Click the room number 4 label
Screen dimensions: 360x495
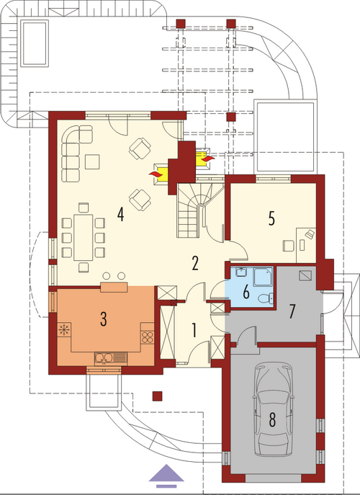pos(120,215)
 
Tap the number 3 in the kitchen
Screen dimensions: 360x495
pos(103,319)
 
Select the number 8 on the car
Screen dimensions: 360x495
pos(272,420)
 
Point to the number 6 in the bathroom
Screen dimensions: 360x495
pos(246,293)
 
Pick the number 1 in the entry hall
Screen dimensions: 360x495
pos(194,331)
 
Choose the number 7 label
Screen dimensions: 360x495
pos(292,312)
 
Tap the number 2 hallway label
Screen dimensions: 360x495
pos(195,264)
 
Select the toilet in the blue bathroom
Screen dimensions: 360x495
pos(264,298)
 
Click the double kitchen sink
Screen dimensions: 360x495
pos(111,357)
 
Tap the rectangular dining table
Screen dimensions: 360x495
pos(84,237)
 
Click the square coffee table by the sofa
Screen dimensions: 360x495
pos(92,161)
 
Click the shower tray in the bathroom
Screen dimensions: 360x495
pos(263,277)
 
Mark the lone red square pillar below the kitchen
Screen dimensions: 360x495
pos(157,396)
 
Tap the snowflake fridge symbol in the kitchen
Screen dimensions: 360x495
pos(64,329)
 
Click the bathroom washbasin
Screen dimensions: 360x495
pos(242,272)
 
